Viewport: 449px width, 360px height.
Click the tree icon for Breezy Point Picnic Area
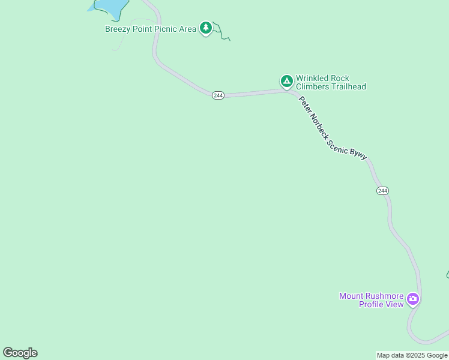click(206, 27)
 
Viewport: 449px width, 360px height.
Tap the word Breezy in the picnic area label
click(118, 29)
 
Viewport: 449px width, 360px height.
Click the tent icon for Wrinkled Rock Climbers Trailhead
click(287, 80)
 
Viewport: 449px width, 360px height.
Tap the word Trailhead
click(348, 87)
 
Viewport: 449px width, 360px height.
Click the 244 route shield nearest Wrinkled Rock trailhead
click(218, 95)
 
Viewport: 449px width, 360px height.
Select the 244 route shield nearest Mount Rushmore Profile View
click(383, 191)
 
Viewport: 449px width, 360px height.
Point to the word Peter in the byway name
click(304, 105)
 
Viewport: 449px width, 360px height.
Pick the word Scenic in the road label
click(339, 146)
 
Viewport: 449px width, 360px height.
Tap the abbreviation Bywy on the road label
click(358, 154)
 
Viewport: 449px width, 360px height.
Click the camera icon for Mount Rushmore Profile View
click(412, 299)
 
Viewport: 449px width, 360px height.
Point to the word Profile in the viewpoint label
click(372, 304)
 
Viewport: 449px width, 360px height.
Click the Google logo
click(20, 353)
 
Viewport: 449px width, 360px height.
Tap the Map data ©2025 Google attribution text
click(412, 355)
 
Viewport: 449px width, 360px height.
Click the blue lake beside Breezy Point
click(111, 6)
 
